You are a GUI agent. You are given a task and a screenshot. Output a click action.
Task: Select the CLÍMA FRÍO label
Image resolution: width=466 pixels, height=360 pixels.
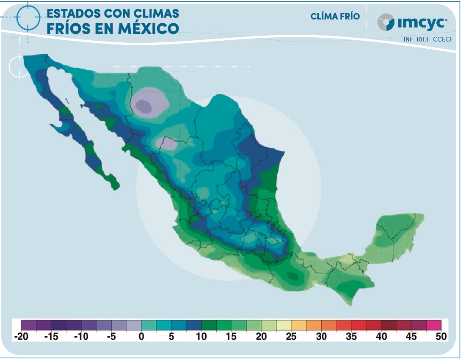335,17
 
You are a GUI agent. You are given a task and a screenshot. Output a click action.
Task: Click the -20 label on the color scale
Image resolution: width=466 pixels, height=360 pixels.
21,337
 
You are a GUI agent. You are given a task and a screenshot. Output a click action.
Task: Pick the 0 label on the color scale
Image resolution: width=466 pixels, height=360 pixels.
142,337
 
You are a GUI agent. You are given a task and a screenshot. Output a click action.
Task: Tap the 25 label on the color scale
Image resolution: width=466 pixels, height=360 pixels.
291,337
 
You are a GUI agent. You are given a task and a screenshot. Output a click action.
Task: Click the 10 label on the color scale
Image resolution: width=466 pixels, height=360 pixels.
201,337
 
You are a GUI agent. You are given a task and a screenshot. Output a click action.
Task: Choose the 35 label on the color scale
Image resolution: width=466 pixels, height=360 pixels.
351,337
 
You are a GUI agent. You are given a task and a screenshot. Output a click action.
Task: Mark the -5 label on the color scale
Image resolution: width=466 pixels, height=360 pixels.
111,337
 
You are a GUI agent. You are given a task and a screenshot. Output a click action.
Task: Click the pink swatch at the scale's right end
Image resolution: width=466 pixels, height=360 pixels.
433,325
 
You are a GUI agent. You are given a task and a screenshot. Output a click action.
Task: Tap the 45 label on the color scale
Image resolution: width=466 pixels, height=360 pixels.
411,337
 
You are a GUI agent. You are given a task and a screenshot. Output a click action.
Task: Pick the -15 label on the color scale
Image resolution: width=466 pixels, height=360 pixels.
51,337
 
